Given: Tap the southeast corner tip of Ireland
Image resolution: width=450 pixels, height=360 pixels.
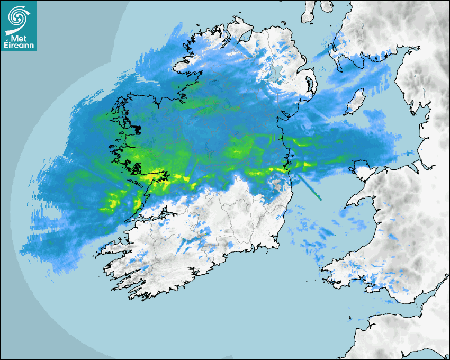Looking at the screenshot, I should (277, 243).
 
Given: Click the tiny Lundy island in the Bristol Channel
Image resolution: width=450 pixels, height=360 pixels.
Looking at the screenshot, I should (350, 319).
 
